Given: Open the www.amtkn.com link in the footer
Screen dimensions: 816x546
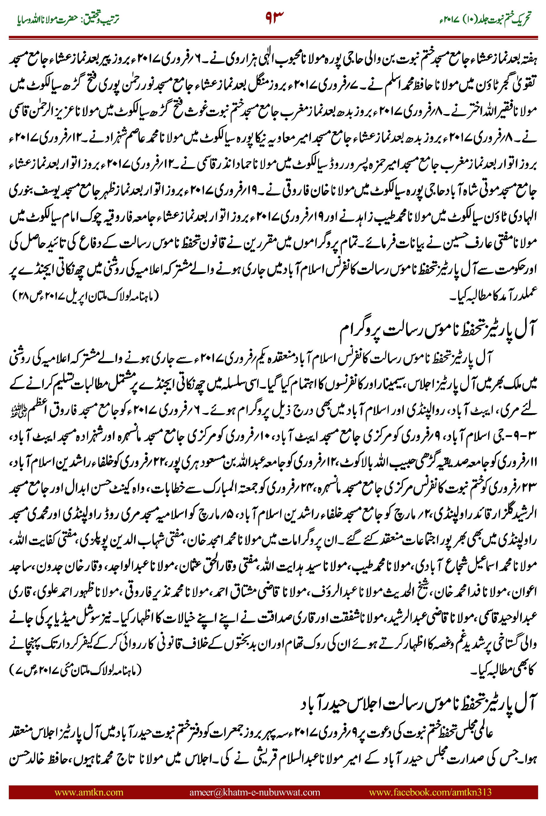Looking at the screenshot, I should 89,792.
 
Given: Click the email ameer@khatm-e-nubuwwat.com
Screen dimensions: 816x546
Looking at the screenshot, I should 254,792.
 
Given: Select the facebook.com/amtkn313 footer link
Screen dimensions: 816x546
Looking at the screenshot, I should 430,792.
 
